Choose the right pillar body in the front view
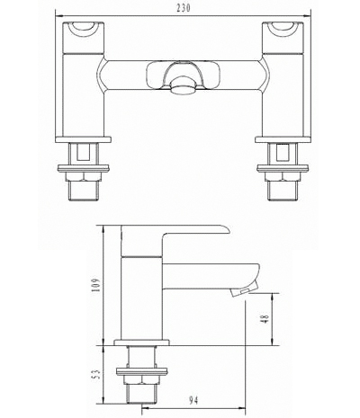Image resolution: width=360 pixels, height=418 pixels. coord(280,85)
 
